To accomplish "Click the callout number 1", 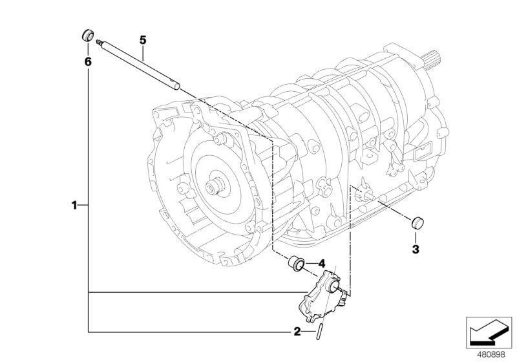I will (74, 205).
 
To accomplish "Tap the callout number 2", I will (296, 332).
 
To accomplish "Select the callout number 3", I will (416, 249).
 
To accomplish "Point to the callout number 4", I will (322, 263).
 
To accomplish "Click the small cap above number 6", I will (87, 35).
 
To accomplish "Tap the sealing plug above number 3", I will (417, 224).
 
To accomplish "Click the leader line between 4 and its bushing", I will (311, 264).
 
